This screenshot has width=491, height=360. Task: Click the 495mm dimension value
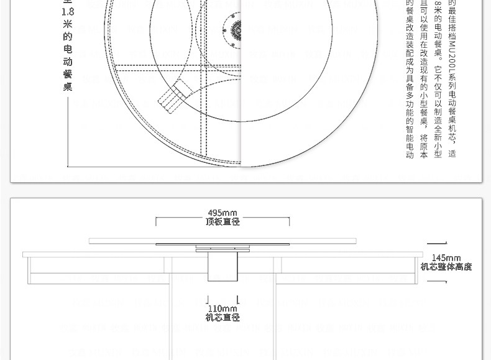[223, 213]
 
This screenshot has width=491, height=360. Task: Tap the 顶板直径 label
[223, 222]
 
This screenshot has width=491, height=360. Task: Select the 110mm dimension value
[223, 308]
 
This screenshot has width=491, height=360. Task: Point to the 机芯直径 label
[223, 318]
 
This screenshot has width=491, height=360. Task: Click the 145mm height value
[446, 258]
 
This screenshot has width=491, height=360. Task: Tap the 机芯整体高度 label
[446, 267]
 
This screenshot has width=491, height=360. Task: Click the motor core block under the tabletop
[223, 267]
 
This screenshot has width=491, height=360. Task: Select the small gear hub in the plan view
[237, 29]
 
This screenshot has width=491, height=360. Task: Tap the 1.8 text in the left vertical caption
[68, 12]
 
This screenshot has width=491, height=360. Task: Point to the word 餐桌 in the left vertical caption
[68, 80]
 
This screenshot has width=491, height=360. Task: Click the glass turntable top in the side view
[223, 241]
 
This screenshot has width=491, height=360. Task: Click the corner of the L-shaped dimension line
[68, 166]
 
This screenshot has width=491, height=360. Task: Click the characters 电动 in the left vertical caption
[68, 55]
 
